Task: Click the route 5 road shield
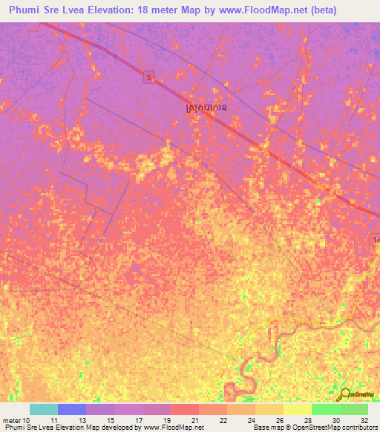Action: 150,76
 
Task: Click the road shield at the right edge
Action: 376,239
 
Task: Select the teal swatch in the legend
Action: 44,409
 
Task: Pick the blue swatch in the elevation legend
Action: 72,409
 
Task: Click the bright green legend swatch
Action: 326,409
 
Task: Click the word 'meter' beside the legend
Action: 13,420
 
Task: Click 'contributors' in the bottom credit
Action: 358,428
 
